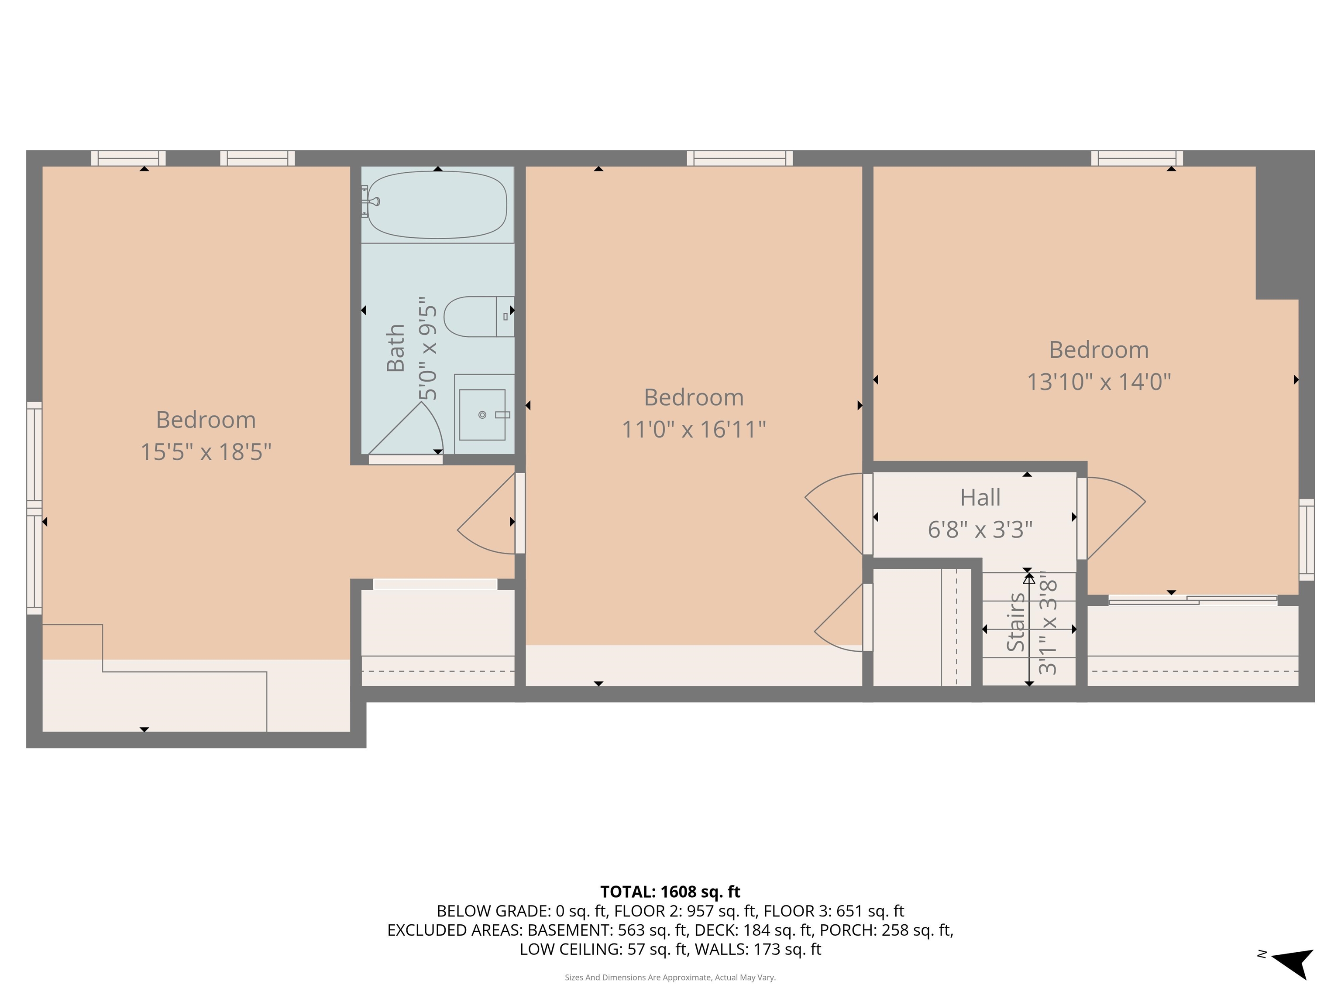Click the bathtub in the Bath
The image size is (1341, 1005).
[x=437, y=205]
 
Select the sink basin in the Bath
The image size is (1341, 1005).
[x=482, y=414]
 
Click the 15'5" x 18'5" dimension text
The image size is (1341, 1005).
[x=206, y=452]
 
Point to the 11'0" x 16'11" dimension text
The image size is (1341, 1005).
[x=694, y=430]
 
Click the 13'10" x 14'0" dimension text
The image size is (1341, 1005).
[x=1098, y=382]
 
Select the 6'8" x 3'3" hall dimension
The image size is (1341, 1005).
[x=980, y=530]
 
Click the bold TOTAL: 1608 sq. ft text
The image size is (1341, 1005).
[x=670, y=892]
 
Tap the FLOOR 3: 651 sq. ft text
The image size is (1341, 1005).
[x=834, y=911]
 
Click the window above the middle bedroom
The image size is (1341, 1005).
[x=739, y=158]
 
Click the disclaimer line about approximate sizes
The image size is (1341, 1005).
[x=670, y=977]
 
